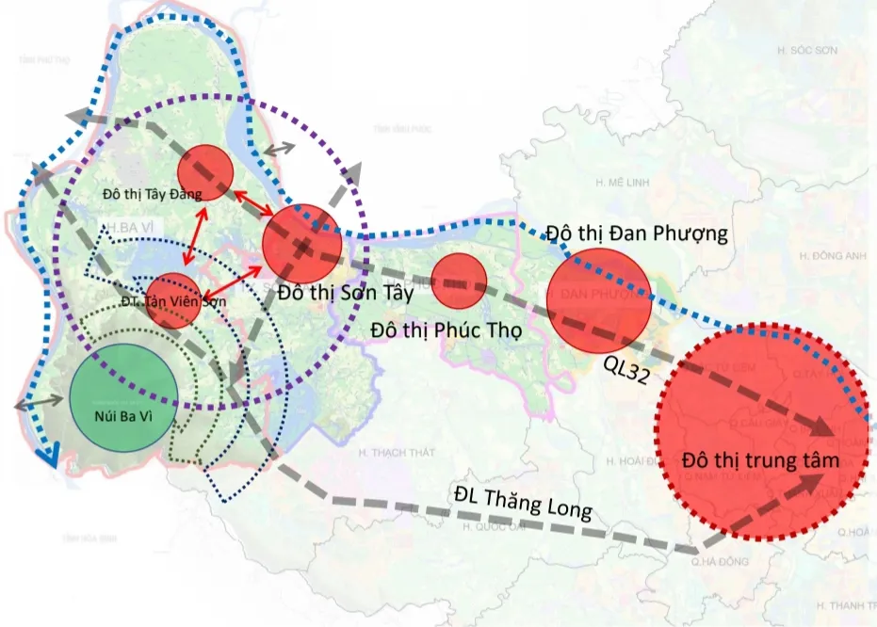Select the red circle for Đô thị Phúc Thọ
coord(459,280)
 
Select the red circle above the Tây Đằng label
coord(205,171)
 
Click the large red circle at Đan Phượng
coord(599,299)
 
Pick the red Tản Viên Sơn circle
coord(173,299)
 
